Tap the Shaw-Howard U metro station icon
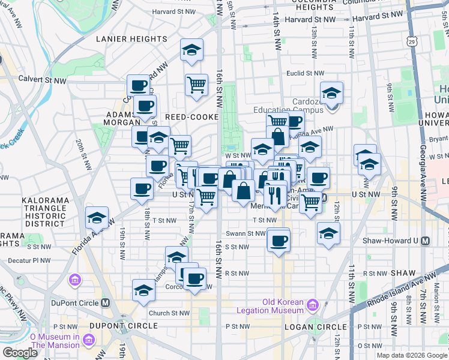tap(426, 241)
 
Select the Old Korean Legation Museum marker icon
tap(312, 306)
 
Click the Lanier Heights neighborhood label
tap(132, 39)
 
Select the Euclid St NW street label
tap(306, 73)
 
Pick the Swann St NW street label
tap(246, 233)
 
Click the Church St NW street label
tap(169, 313)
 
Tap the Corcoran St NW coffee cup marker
tap(195, 278)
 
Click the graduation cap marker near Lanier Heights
tap(191, 50)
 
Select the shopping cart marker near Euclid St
tap(196, 85)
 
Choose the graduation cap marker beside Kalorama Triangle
tap(97, 218)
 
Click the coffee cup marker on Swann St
tap(279, 241)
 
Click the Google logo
tap(20, 353)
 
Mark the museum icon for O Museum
tap(89, 341)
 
